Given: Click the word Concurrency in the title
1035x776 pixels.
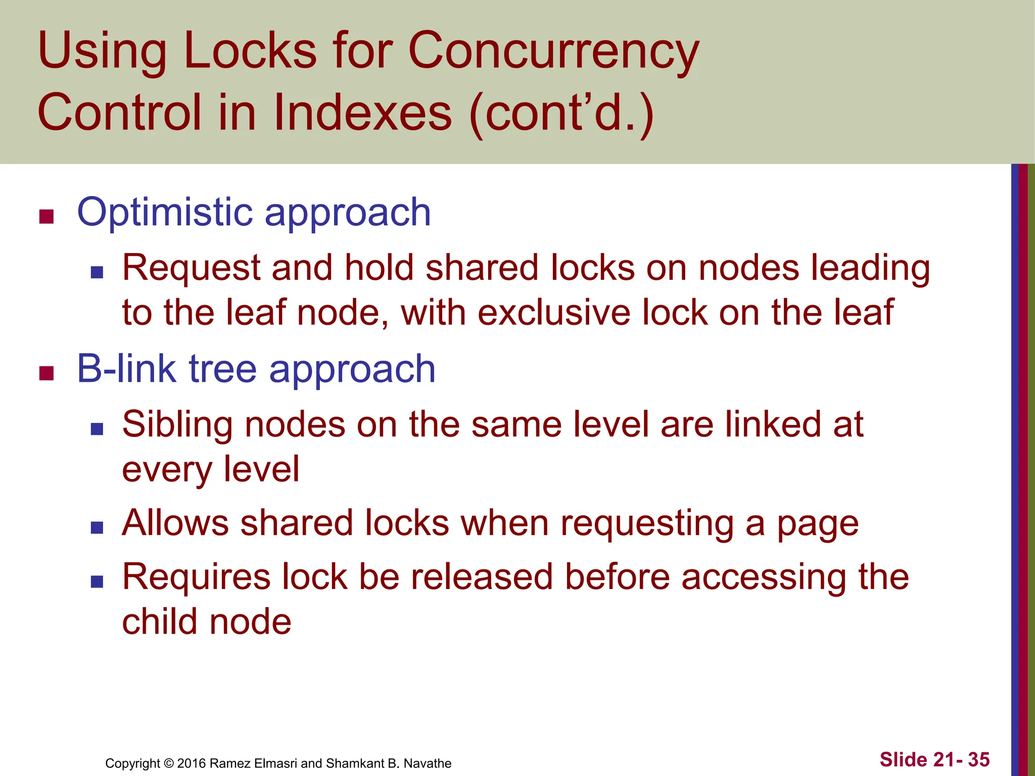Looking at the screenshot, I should [x=553, y=52].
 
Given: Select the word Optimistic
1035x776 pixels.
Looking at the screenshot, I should [x=165, y=213].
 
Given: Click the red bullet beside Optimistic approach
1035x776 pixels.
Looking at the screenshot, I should [x=46, y=217].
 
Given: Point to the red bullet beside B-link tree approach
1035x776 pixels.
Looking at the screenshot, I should [x=46, y=373].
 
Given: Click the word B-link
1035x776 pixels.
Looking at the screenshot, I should [x=126, y=369].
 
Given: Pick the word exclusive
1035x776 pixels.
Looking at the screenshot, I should [x=553, y=313].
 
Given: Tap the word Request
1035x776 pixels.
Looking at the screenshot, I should [x=191, y=268].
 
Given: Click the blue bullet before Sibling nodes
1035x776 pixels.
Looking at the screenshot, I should [x=97, y=429].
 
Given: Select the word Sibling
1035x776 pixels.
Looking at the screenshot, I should [x=177, y=425].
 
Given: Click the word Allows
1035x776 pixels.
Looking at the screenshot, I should [x=175, y=523].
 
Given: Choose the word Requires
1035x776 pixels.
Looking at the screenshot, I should [x=196, y=577].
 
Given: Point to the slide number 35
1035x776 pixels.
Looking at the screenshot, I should [x=978, y=759].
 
